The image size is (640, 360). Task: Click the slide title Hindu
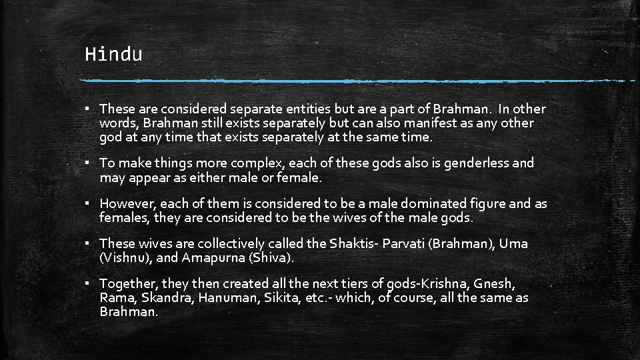[113, 54]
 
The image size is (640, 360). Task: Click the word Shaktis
[351, 243]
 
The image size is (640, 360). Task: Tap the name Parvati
[403, 243]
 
